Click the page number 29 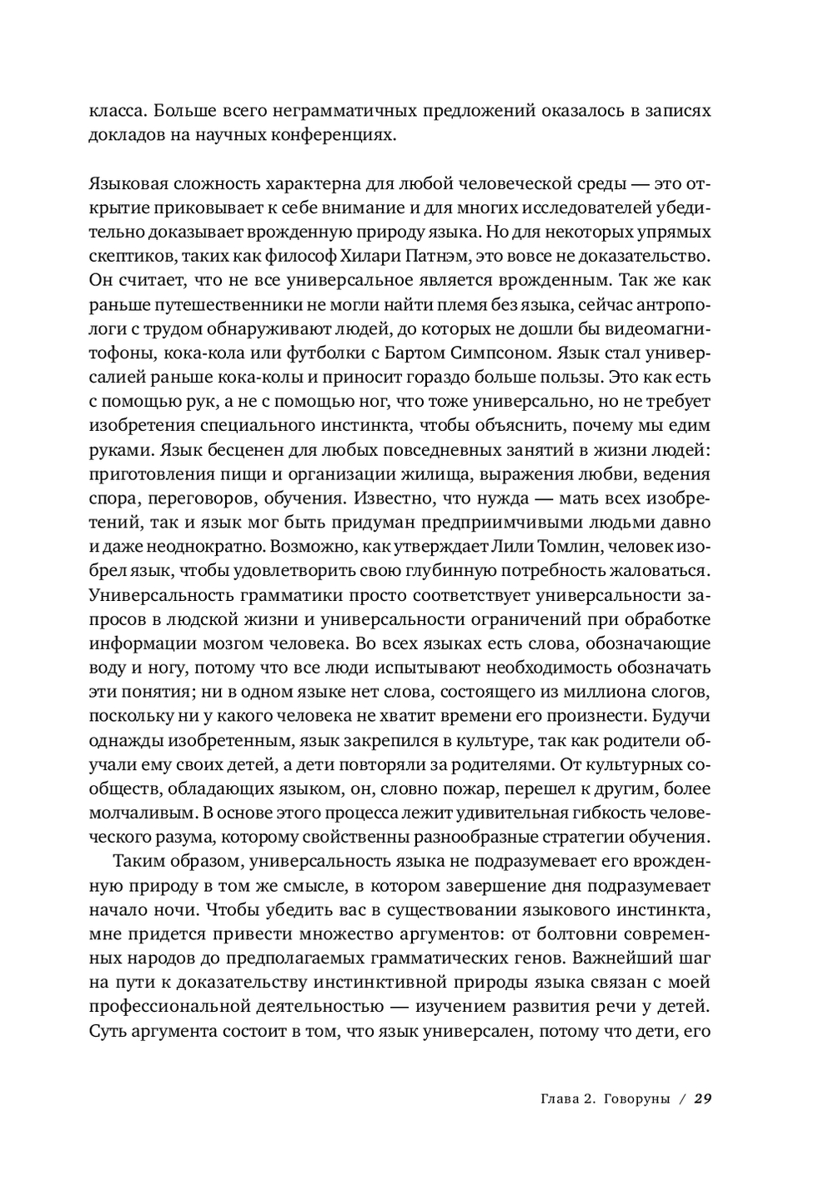[x=702, y=1098]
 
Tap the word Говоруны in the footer [x=636, y=1098]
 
